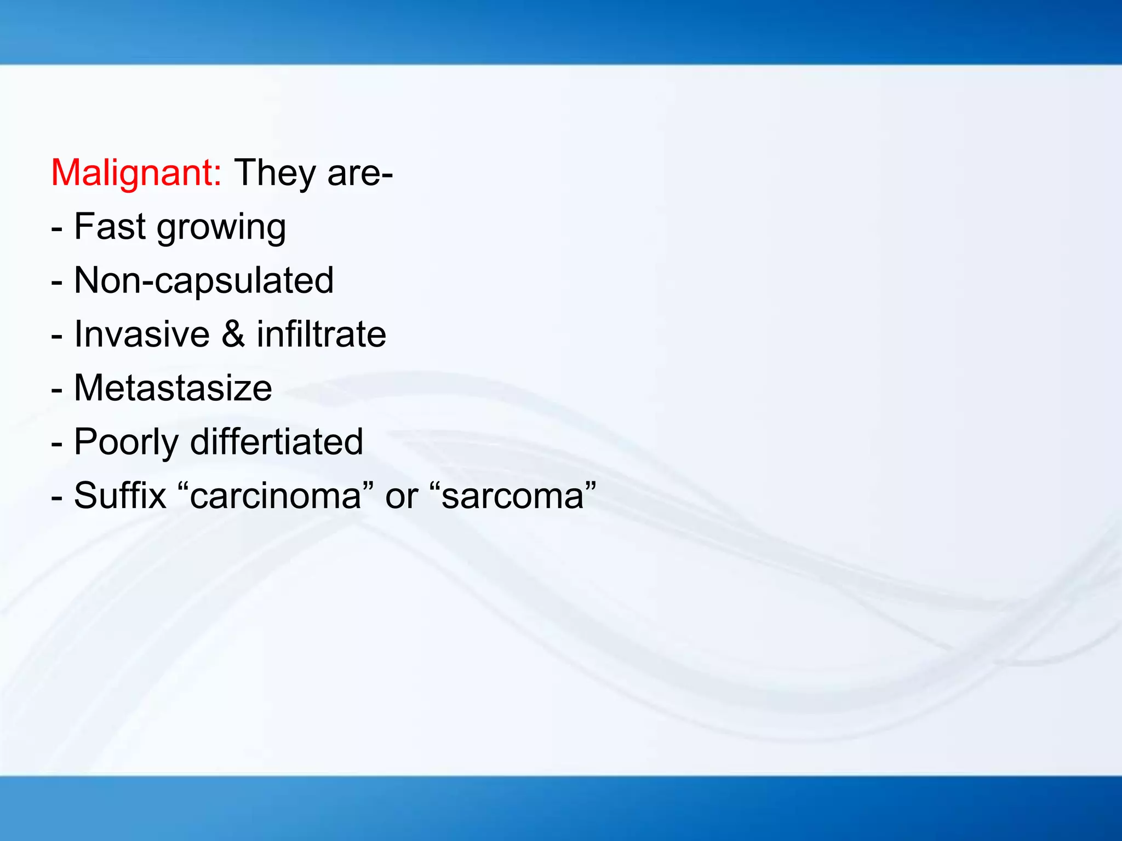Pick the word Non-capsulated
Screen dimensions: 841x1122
204,281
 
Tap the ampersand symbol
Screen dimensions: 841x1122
233,334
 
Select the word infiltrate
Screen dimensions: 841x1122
322,334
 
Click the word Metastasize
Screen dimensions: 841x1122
173,388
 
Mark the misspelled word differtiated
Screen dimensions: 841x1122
277,441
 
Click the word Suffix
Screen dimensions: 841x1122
120,496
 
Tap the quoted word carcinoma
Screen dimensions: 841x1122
276,496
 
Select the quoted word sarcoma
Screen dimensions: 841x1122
513,496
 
